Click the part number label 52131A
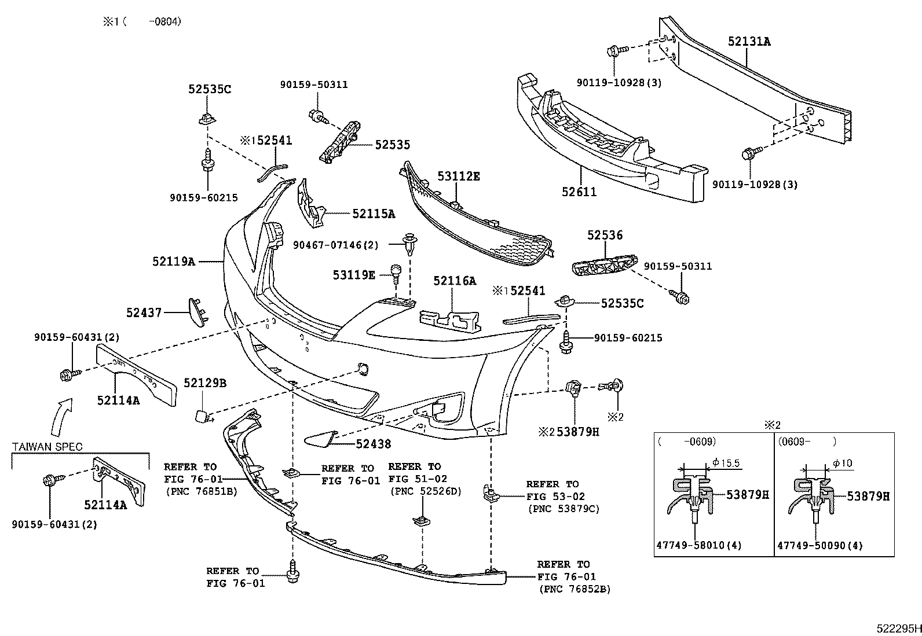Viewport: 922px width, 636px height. (749, 42)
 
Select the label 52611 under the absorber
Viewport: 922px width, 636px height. (579, 192)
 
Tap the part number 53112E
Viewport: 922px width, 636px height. (459, 176)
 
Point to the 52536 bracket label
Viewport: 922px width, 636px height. (605, 235)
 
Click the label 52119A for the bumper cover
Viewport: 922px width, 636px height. (173, 262)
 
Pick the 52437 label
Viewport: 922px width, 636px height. (144, 313)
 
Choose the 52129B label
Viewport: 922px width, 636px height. (205, 383)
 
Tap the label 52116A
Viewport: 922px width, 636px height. (455, 281)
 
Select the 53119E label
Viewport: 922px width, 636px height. (354, 274)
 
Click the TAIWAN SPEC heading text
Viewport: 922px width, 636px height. (47, 447)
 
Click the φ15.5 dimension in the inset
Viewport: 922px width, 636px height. (726, 463)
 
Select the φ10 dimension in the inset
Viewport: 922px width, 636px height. (843, 464)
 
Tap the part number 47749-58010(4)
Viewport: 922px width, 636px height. (699, 545)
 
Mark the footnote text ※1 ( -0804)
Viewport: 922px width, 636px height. (142, 21)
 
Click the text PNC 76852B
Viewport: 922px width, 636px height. (575, 589)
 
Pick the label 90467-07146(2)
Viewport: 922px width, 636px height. (336, 245)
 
